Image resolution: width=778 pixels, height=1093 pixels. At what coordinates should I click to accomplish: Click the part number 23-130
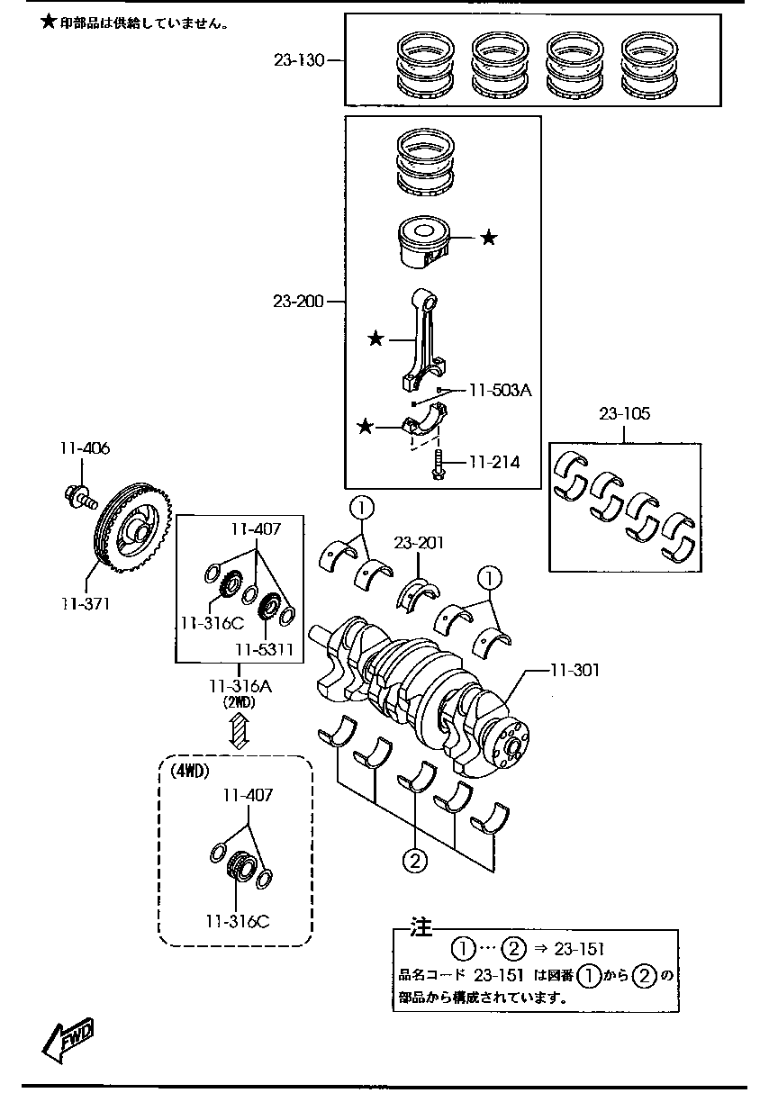[x=299, y=60]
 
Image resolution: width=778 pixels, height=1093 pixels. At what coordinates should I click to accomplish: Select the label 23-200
[x=298, y=302]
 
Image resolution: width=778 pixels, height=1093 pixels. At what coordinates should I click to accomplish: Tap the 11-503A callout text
[x=501, y=390]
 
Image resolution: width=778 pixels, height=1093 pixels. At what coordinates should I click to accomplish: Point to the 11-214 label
[x=494, y=462]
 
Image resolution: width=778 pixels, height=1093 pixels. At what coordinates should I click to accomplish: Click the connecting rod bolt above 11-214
[x=438, y=465]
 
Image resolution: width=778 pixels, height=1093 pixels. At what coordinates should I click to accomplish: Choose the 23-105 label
[x=625, y=414]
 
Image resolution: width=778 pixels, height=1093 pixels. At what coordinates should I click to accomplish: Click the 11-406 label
[x=85, y=448]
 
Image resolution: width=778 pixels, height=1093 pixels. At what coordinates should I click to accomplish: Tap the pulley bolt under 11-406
[x=80, y=497]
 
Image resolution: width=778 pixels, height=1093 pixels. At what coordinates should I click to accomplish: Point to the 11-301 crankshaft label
[x=575, y=670]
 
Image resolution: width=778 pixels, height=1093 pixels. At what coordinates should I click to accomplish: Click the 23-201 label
[x=419, y=543]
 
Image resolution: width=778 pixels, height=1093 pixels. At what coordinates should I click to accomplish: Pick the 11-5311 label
[x=264, y=649]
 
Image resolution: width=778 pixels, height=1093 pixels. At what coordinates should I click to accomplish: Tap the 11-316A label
[x=240, y=686]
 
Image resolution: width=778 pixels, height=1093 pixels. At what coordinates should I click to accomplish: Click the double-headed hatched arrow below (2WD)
[x=240, y=730]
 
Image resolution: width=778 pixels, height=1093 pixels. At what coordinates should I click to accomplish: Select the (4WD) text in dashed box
[x=190, y=771]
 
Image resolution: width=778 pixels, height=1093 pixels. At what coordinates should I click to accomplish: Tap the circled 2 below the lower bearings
[x=415, y=862]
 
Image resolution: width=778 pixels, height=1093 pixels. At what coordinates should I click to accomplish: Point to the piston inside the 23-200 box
[x=423, y=242]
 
